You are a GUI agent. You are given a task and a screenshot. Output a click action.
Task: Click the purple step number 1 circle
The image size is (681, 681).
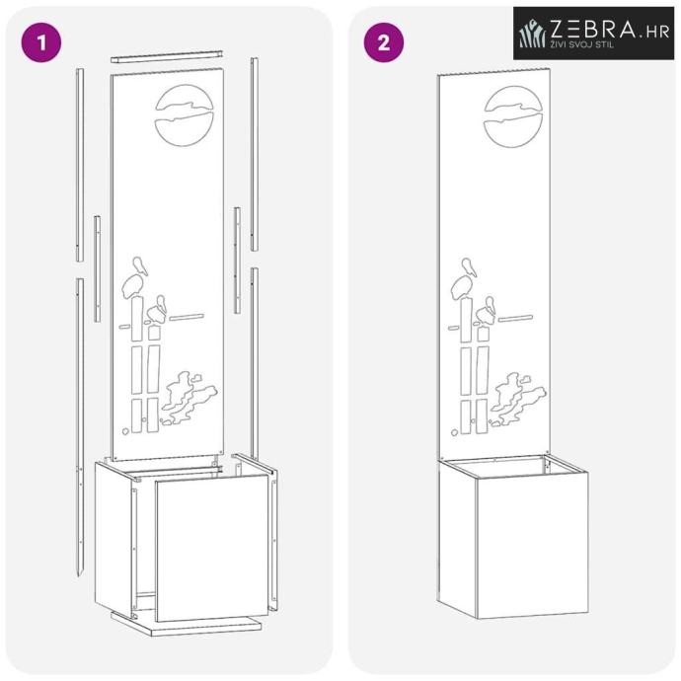click(x=41, y=42)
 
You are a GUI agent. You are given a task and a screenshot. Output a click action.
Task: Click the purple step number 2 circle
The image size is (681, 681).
click(x=384, y=42)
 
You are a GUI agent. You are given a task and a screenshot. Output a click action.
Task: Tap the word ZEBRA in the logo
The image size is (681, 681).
click(x=593, y=29)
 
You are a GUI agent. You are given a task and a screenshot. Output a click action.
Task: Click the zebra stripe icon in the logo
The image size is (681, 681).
click(x=533, y=34)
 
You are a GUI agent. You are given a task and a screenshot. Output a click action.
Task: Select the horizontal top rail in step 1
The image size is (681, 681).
click(x=167, y=56)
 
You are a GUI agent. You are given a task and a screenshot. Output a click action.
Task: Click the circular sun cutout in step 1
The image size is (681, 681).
click(x=185, y=115)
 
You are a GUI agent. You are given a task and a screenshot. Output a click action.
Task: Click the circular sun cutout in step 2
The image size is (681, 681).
click(x=513, y=116)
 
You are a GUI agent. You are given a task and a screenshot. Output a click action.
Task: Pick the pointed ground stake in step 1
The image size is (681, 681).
click(x=80, y=427)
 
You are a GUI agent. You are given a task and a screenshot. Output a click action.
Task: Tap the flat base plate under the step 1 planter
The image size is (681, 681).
click(x=186, y=625)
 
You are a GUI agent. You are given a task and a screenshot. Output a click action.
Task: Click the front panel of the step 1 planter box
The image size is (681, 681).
click(x=212, y=547)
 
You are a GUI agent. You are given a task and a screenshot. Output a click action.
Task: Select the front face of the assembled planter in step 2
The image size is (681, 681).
click(x=533, y=545)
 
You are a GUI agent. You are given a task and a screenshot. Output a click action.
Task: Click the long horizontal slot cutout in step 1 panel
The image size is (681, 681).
click(x=187, y=317)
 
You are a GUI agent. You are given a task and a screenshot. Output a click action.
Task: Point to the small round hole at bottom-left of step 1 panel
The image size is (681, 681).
click(x=125, y=431)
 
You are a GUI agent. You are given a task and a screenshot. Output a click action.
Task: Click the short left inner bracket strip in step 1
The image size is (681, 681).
click(x=98, y=268)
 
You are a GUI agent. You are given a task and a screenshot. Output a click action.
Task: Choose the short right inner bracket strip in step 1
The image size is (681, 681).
click(x=237, y=261)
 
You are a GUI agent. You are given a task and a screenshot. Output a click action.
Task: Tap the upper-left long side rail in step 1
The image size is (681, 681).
click(x=80, y=165)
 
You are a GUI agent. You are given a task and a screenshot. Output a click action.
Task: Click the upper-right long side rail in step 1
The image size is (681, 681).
click(x=255, y=154)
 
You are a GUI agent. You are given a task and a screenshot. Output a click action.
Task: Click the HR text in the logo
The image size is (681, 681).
click(x=658, y=32)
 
